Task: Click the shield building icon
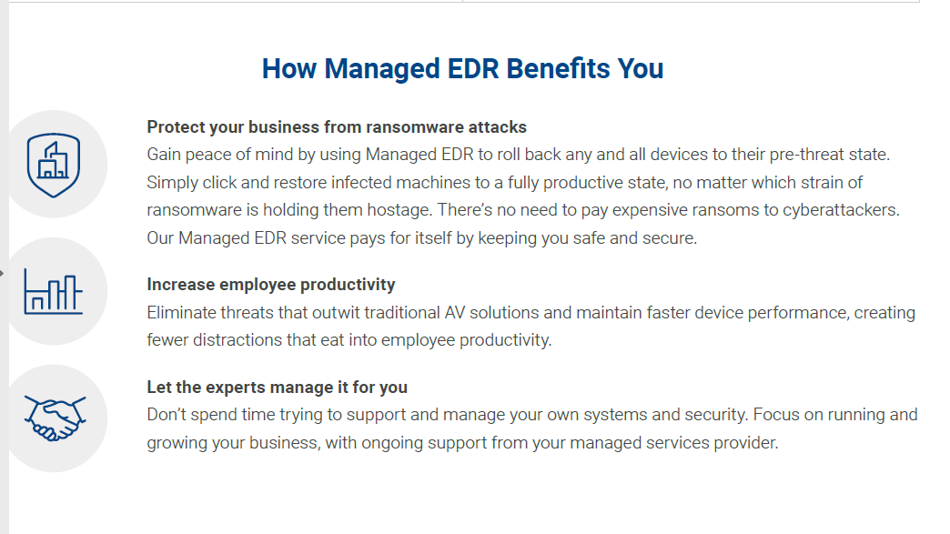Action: coord(54,165)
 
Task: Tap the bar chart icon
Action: coord(54,292)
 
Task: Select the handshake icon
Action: coord(55,418)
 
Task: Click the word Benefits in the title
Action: coord(558,68)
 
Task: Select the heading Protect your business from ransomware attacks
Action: coord(337,127)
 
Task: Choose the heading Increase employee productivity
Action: coord(271,285)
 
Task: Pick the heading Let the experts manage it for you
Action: coord(277,387)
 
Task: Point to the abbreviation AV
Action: coord(454,312)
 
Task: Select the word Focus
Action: coord(775,415)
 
